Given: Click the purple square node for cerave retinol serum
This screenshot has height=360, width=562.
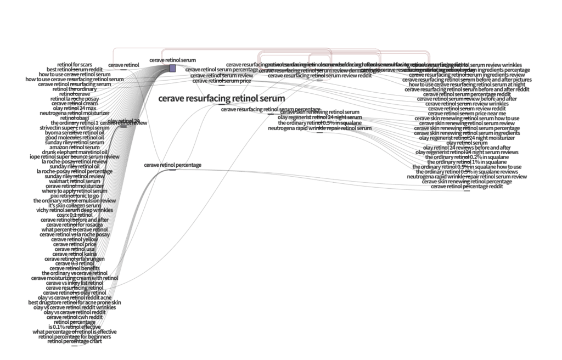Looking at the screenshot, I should coord(172,68).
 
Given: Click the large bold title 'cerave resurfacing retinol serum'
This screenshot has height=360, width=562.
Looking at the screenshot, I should coord(221,99).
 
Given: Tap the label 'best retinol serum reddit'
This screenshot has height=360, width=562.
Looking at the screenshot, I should coord(75,70).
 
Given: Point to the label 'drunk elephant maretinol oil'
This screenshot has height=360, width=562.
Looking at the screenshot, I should coord(75,152).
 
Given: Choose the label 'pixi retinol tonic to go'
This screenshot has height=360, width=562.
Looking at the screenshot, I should coord(75,195).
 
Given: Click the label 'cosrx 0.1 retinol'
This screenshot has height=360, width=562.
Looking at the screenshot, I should coord(75,215).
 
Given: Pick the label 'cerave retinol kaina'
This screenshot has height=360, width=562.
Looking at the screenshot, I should coord(75,254).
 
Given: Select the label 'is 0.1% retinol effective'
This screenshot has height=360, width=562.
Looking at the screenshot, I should coord(75,327).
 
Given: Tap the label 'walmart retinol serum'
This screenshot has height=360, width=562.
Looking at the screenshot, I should coord(75,181).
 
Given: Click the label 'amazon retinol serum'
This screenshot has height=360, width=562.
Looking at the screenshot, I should coord(75,147).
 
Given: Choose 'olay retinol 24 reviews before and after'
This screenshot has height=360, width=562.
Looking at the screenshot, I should coord(467,148).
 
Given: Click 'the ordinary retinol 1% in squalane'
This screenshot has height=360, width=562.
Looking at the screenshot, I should coord(467,162).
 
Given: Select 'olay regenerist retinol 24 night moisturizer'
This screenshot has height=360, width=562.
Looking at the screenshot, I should coord(467,138).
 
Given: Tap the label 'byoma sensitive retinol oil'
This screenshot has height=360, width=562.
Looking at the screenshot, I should coord(75,133).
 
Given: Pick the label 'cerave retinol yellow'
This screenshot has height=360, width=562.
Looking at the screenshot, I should coord(75,239).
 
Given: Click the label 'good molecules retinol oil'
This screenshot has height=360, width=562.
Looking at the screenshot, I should coord(75,137).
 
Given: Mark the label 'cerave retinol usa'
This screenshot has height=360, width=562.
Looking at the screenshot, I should coord(75,249).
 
